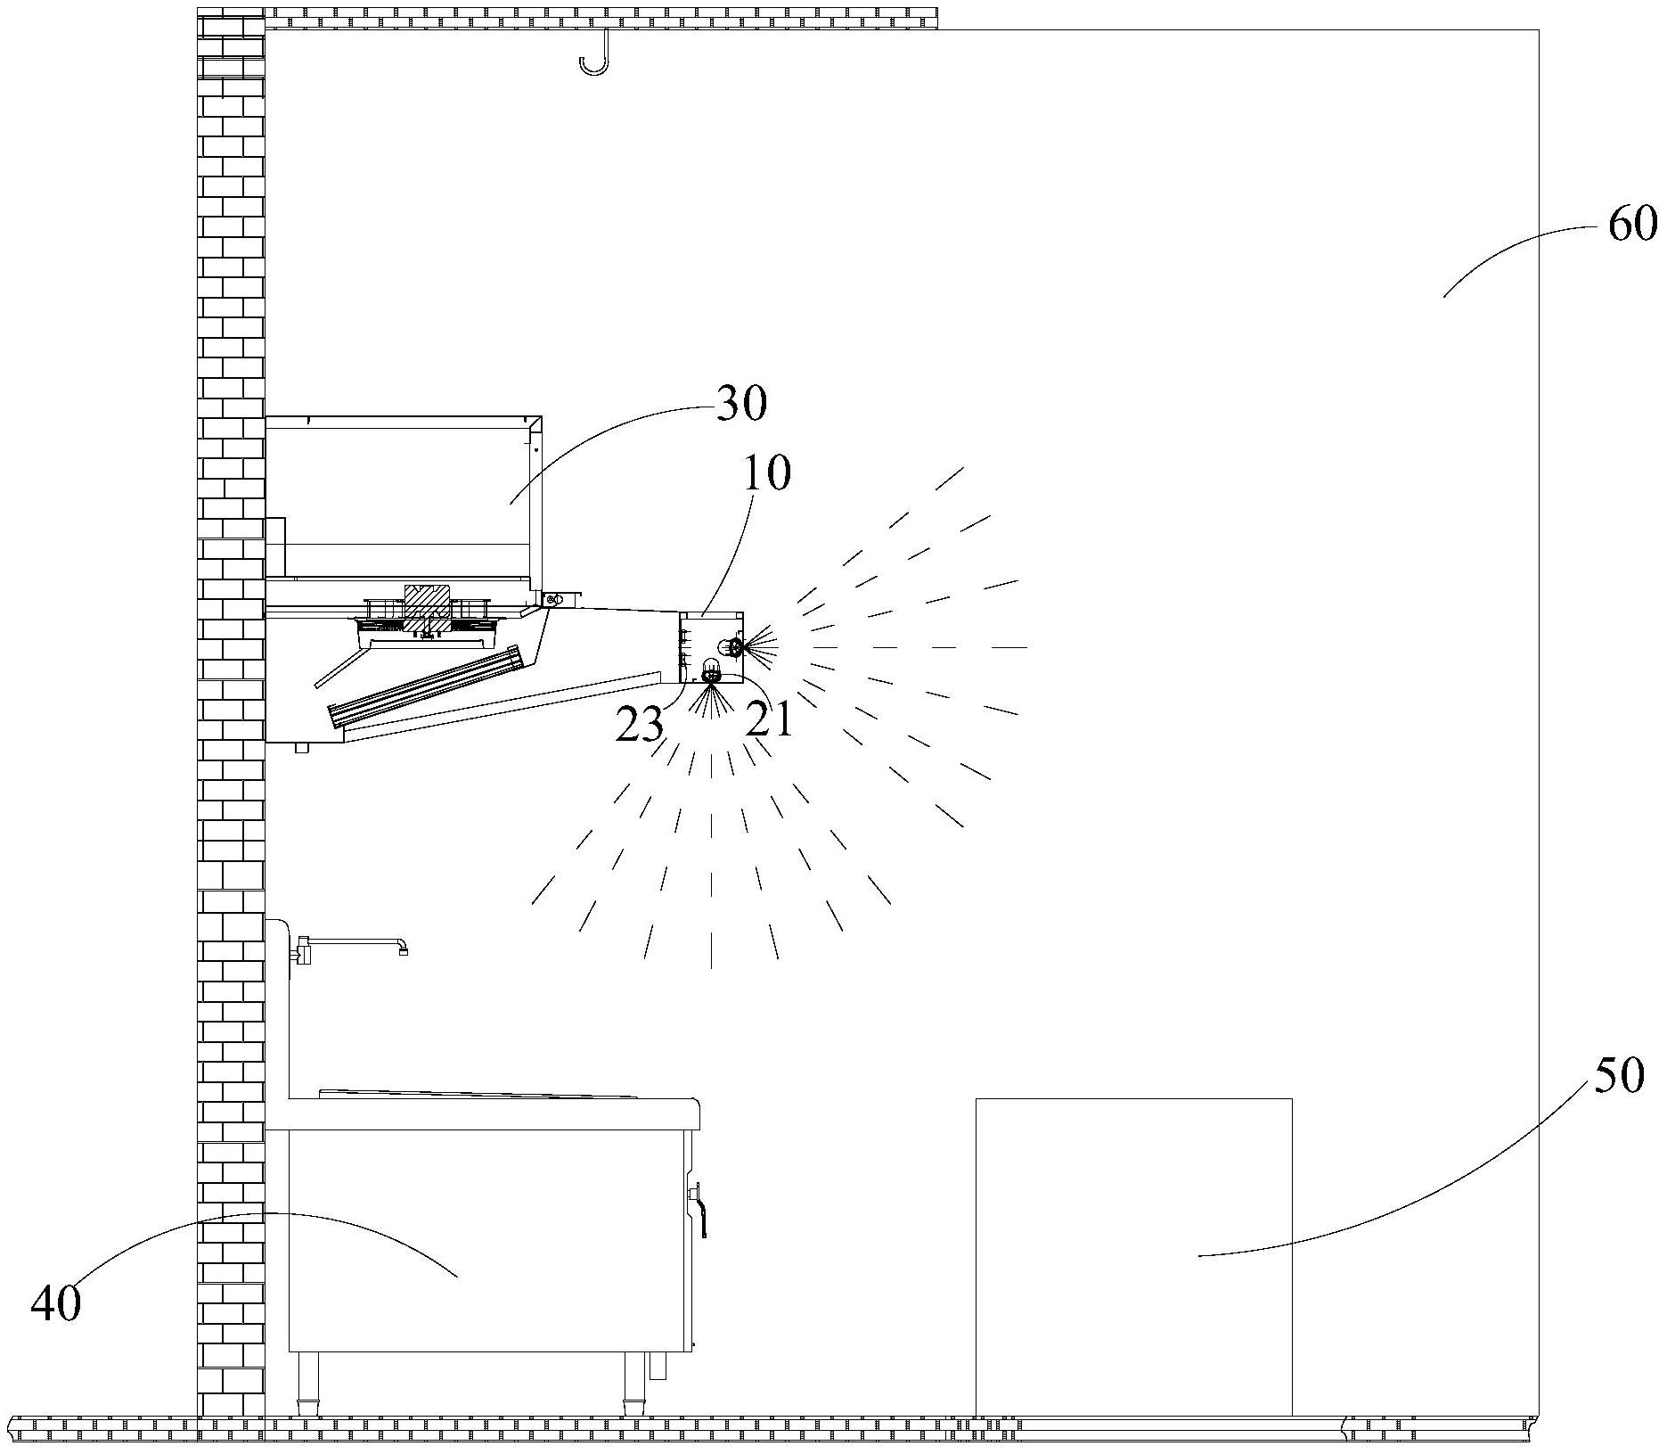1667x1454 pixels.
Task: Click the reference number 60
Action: pyautogui.click(x=1632, y=224)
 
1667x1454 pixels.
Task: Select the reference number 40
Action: pyautogui.click(x=55, y=1302)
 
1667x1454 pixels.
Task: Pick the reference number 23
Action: pyautogui.click(x=640, y=726)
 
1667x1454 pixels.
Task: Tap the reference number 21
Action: pyautogui.click(x=769, y=719)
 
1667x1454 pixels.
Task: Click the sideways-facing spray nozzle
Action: pyautogui.click(x=736, y=647)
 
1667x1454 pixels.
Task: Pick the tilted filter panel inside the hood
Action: pyautogui.click(x=425, y=686)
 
